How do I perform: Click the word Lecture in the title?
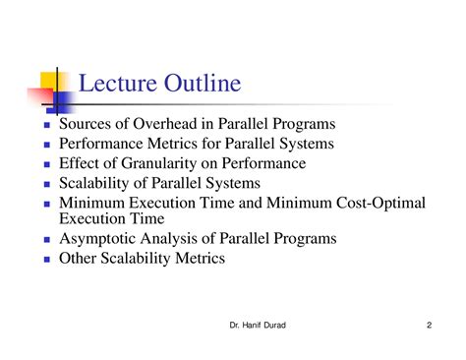click(115, 84)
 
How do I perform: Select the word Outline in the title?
click(202, 84)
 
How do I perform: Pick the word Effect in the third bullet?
click(81, 163)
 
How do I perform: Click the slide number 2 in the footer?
click(430, 326)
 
